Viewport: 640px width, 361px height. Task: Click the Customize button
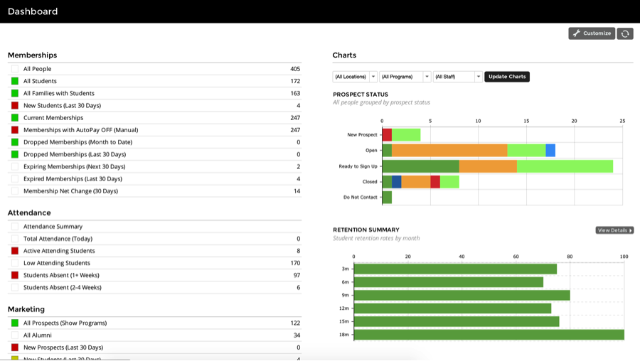592,33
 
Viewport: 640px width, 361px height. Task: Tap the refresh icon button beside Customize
625,33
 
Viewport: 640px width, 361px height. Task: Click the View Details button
614,230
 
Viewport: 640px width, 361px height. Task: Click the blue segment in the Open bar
550,151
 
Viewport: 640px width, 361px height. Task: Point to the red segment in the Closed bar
435,182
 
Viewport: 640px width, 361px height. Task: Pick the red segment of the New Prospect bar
387,135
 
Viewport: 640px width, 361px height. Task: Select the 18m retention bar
489,335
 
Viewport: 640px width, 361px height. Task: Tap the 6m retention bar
448,282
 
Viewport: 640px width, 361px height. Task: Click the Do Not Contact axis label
361,198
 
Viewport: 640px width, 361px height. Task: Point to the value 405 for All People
295,69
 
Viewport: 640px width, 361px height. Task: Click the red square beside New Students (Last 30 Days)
15,106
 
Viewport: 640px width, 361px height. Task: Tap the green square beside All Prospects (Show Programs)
15,323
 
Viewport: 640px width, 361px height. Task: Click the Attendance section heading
29,212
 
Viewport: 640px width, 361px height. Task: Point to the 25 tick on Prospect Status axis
622,121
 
